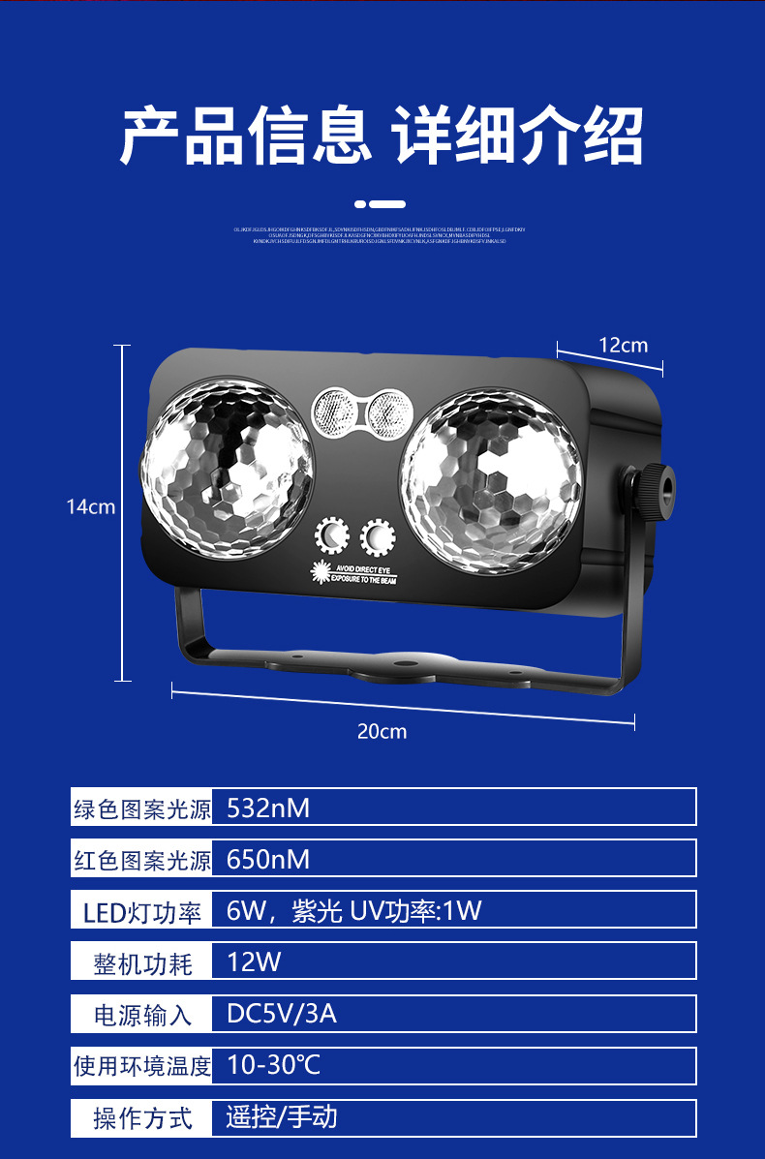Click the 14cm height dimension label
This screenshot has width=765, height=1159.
[x=90, y=506]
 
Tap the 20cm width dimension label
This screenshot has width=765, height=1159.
[x=382, y=732]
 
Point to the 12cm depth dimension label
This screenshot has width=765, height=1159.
[x=623, y=346]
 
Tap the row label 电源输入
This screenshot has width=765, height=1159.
[x=142, y=1015]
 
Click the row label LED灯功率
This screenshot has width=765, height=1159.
[x=142, y=911]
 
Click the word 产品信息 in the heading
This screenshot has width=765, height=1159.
[x=246, y=137]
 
